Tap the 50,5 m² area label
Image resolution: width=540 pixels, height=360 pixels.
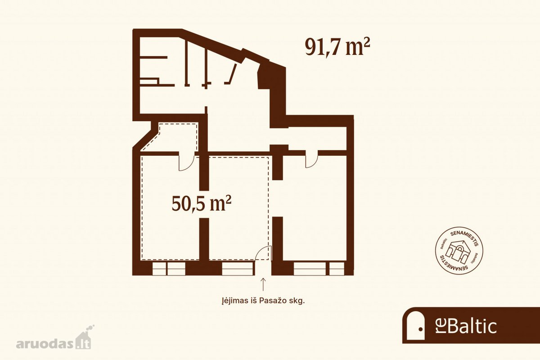[x=202, y=203]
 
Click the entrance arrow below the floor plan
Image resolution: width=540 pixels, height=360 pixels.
[x=263, y=284]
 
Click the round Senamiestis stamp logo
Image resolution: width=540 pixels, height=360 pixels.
[x=459, y=251]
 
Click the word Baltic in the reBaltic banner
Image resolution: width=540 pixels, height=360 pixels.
[x=472, y=327]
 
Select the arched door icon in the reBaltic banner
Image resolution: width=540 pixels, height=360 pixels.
[x=415, y=325]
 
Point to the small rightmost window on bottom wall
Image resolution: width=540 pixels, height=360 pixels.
[x=337, y=269]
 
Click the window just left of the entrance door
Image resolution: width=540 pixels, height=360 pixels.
[x=238, y=269]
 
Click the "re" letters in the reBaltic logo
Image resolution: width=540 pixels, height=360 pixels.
[x=441, y=327]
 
